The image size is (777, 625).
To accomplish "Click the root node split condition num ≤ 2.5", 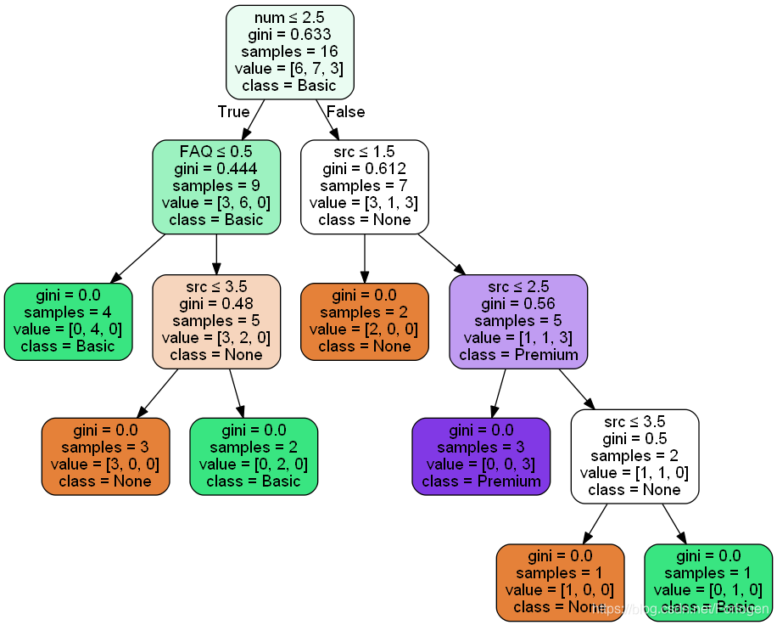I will [289, 17].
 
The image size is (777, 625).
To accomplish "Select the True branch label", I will [233, 112].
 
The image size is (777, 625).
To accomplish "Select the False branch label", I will [345, 112].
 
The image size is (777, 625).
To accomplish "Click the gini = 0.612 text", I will [364, 168].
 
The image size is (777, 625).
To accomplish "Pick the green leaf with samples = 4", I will [68, 321].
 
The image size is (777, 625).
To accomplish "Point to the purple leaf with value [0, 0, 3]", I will [481, 456].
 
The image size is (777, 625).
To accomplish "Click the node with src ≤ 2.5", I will [518, 321].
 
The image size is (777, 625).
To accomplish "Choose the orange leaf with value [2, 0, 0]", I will [365, 321].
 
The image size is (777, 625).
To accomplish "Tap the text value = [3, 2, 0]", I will [216, 337].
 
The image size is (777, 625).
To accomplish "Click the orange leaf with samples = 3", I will [105, 456].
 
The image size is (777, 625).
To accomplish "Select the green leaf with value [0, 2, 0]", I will [254, 456].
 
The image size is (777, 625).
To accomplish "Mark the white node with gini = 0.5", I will [634, 456].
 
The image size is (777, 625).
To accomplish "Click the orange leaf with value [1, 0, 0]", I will [560, 582].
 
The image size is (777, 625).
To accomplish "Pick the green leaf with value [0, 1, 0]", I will [708, 582].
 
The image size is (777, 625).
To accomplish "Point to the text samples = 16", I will [289, 51].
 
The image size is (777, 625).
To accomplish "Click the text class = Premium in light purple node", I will [518, 354].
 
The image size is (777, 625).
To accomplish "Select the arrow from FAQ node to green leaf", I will [138, 256].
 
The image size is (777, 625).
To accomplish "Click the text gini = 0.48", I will [216, 303].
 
